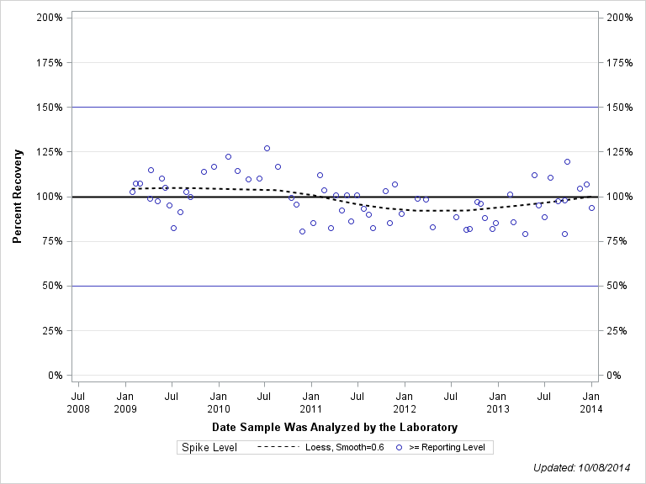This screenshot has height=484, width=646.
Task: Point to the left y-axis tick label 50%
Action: point(53,286)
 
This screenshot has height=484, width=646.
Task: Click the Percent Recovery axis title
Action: point(18,197)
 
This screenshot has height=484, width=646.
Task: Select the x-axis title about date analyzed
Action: point(335,427)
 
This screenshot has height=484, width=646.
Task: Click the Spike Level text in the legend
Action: point(209,447)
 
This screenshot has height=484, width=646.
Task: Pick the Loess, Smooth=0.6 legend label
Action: point(347,447)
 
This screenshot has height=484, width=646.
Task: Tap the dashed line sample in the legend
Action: point(278,447)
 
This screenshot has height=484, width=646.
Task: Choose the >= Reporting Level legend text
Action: point(447,447)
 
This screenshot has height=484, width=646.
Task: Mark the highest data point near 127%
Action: point(267,148)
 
